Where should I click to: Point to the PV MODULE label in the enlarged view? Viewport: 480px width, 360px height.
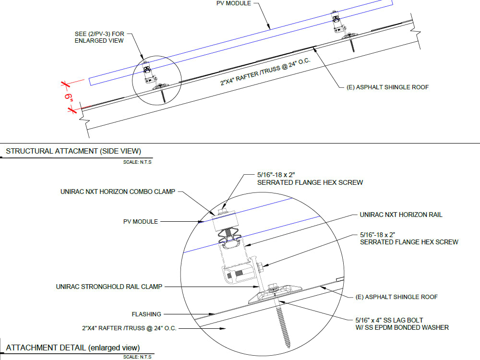140,222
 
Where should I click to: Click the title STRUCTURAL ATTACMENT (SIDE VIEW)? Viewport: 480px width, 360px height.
73,151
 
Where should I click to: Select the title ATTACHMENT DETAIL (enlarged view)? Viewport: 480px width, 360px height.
73,348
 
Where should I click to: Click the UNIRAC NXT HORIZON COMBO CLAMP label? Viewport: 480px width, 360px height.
118,192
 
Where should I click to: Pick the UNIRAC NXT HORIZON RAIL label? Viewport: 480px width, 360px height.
401,215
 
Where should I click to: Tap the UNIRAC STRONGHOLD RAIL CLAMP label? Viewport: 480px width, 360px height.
109,287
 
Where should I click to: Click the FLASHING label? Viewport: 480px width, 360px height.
146,314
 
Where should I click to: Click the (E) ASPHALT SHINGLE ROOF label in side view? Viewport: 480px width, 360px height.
387,87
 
